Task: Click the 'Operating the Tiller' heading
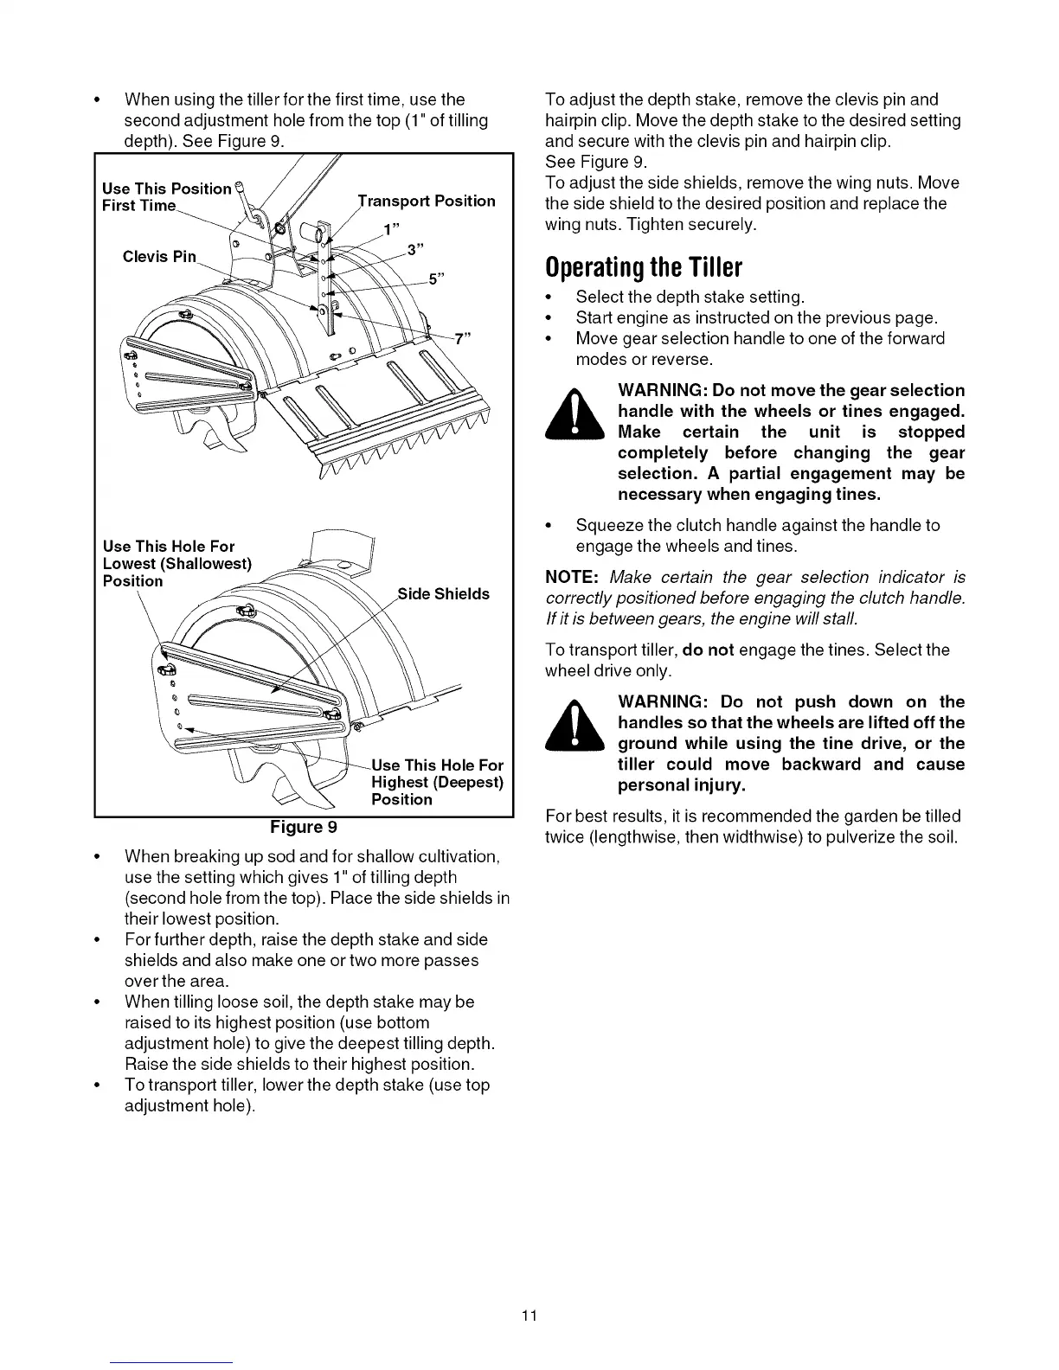pos(645,266)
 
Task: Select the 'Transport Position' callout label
pos(427,201)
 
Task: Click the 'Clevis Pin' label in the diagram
pos(160,256)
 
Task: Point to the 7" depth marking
pos(462,338)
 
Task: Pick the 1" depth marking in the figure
pos(391,229)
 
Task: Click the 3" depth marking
pos(415,251)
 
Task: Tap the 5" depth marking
pos(437,278)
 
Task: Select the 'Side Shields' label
pos(444,593)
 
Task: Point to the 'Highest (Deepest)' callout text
pos(437,782)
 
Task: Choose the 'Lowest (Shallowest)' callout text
pos(177,563)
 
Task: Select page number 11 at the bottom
pos(529,1316)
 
